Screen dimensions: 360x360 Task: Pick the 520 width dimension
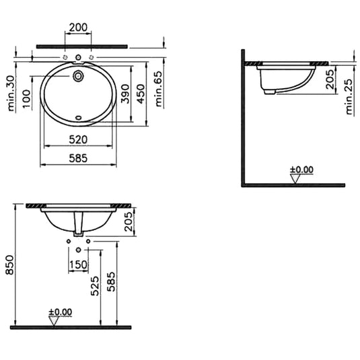81,139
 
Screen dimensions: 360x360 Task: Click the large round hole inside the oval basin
79,77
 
